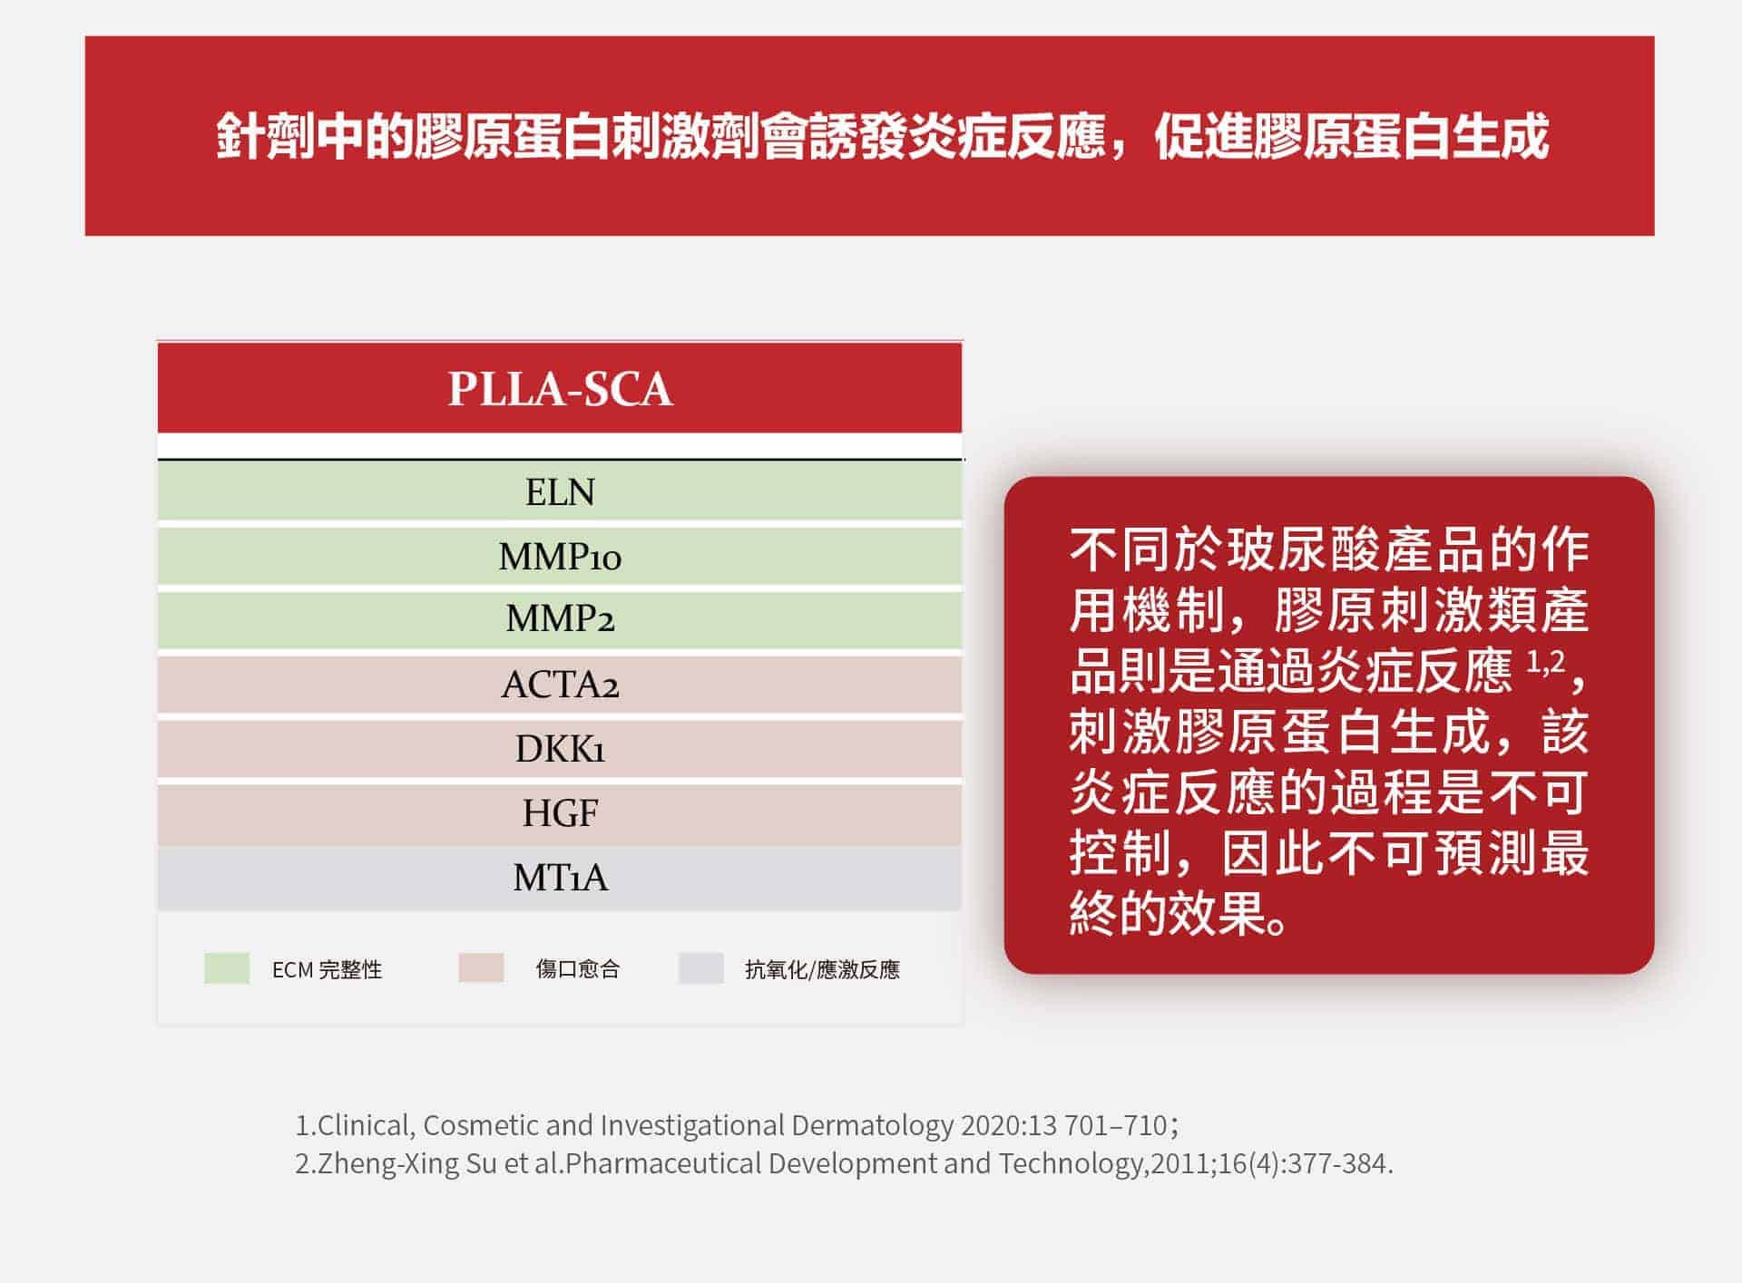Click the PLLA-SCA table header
click(560, 388)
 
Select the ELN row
click(560, 491)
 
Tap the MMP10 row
click(560, 556)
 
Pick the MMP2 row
click(560, 619)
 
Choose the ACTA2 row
click(560, 685)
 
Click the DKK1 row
click(560, 749)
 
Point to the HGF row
click(560, 813)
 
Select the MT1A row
click(560, 878)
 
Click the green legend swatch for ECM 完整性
click(227, 968)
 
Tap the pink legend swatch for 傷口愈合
click(481, 967)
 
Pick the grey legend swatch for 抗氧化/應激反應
click(700, 967)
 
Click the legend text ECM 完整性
click(327, 969)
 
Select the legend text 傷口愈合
click(577, 969)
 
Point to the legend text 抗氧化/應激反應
click(822, 969)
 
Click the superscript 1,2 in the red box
click(1545, 662)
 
